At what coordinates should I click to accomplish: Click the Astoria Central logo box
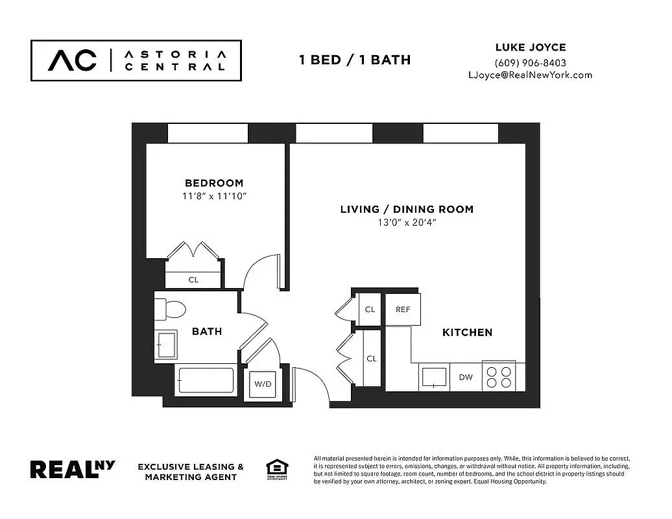(x=136, y=60)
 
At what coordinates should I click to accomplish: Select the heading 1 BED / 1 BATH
(x=354, y=60)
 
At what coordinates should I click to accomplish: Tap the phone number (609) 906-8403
(x=530, y=63)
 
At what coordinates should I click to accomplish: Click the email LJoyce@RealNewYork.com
(x=530, y=75)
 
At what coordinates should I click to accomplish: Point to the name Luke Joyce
(x=530, y=47)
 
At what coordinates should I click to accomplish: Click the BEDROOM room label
(x=214, y=183)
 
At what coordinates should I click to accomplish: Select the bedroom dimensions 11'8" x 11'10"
(x=214, y=195)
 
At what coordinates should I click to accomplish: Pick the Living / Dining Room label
(x=407, y=210)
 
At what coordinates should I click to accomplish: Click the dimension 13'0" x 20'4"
(x=407, y=223)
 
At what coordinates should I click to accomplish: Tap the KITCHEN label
(x=467, y=332)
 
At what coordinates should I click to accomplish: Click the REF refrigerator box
(x=403, y=309)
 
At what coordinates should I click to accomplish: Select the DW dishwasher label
(x=466, y=377)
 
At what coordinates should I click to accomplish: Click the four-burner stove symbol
(x=498, y=377)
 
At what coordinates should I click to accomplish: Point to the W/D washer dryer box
(x=263, y=384)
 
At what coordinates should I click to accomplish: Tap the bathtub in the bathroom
(x=204, y=381)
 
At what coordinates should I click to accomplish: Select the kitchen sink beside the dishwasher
(x=434, y=376)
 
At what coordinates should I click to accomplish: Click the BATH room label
(x=207, y=332)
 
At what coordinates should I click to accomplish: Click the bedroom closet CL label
(x=193, y=280)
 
